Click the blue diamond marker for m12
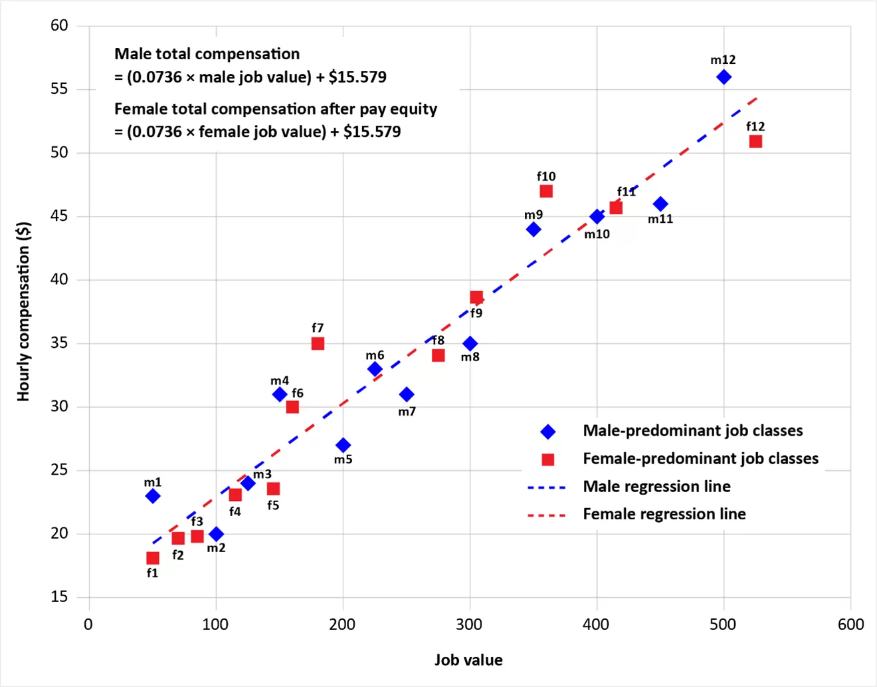(724, 77)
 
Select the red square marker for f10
(546, 192)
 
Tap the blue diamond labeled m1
(153, 496)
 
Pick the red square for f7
(318, 344)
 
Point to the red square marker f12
(755, 142)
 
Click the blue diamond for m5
(343, 445)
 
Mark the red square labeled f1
(153, 558)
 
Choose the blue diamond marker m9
(534, 229)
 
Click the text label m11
(660, 219)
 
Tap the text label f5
(273, 505)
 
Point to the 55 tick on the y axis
(59, 89)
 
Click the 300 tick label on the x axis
(470, 624)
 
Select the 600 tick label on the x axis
(850, 624)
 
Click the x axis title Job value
(468, 660)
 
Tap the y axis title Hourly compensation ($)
(24, 311)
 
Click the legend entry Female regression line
(664, 514)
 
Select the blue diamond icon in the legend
(548, 432)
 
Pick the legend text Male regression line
(656, 487)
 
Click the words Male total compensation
(207, 54)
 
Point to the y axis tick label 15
(59, 597)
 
